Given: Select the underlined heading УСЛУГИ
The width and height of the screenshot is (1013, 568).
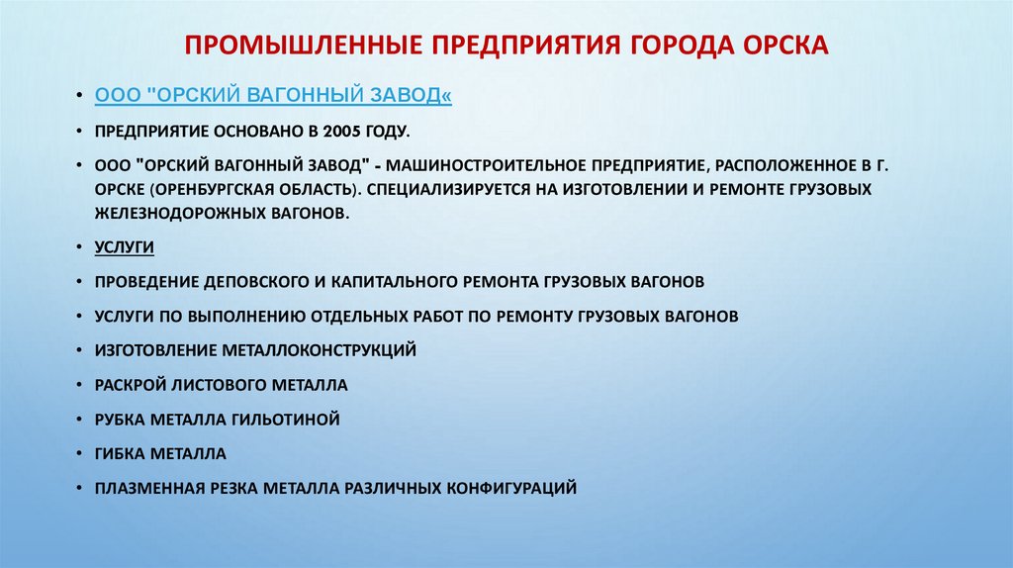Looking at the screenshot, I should [x=125, y=246].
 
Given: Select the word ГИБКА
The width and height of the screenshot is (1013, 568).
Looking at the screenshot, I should [x=121, y=453].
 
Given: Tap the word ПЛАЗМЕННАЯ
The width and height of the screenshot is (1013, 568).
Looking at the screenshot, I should [x=148, y=488].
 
